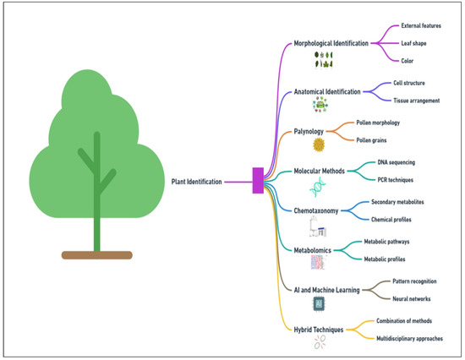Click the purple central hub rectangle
point(258,181)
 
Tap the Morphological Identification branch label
point(331,42)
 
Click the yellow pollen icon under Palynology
point(320,145)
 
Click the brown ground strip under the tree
point(96,254)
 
